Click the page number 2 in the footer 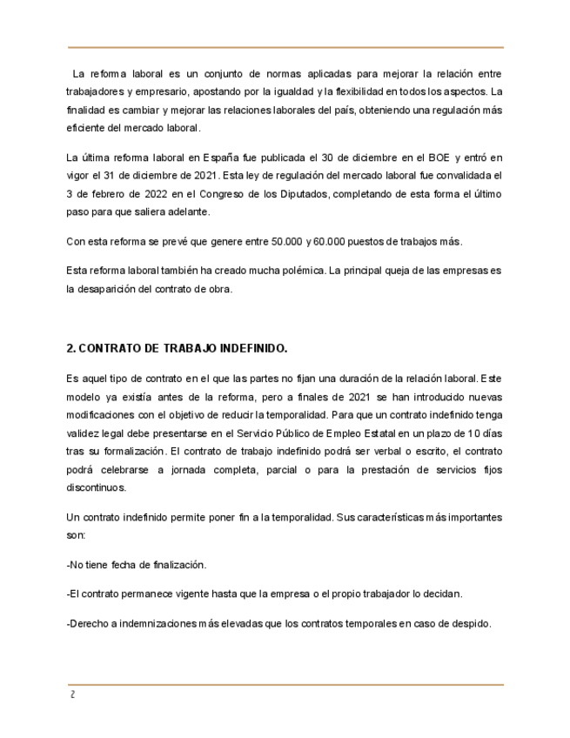pos(72,695)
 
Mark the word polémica pos(300,271)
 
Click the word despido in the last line pos(473,624)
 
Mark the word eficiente pos(84,127)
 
